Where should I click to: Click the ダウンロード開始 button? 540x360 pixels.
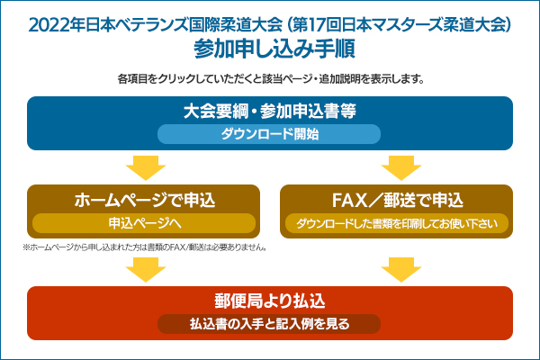[270, 134]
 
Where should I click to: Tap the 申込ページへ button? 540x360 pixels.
[144, 222]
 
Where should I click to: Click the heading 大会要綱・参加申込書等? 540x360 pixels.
[270, 112]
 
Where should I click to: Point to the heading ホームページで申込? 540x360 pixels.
[144, 199]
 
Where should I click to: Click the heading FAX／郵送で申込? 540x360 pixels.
[397, 199]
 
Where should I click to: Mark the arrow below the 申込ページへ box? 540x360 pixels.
[144, 267]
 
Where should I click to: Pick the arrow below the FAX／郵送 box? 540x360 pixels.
[397, 267]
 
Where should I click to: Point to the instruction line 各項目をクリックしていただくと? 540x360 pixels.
[270, 78]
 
